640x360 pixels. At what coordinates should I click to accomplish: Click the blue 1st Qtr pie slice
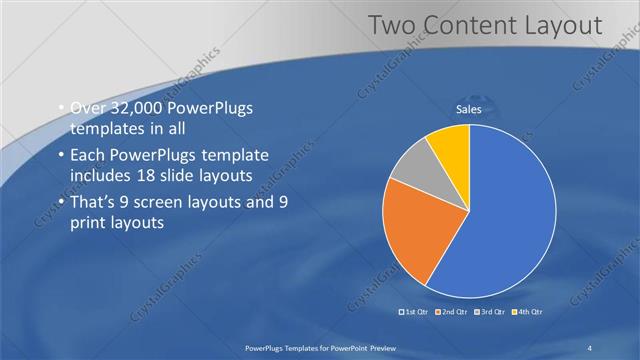pyautogui.click(x=505, y=215)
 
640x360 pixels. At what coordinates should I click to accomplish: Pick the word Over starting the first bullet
pyautogui.click(x=86, y=108)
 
